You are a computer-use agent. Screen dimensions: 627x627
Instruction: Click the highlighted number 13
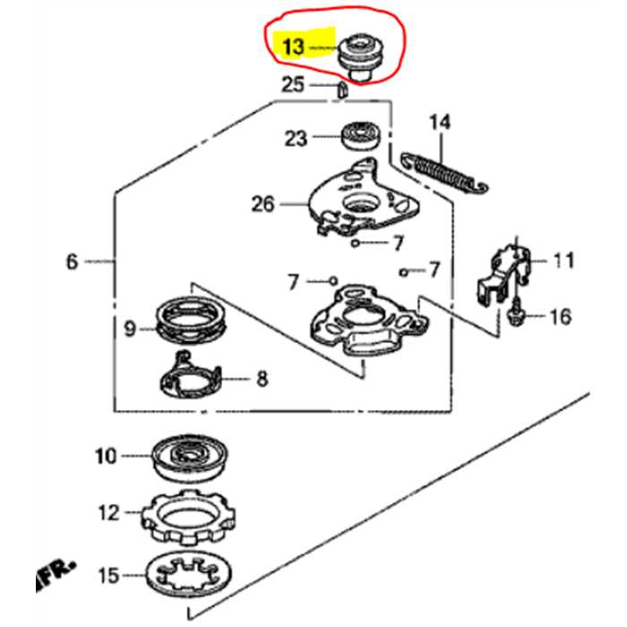(x=292, y=46)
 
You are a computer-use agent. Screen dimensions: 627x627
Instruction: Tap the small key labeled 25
(x=341, y=87)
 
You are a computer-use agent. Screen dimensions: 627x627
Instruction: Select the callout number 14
(x=438, y=122)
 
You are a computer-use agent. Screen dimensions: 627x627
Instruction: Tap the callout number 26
(x=263, y=203)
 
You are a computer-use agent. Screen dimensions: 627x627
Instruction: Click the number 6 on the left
(x=72, y=262)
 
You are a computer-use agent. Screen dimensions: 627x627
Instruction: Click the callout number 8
(x=262, y=379)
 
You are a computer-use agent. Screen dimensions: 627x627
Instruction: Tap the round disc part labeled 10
(x=190, y=458)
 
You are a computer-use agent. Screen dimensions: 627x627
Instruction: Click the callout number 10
(x=106, y=457)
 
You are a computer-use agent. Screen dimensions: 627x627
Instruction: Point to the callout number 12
(x=107, y=513)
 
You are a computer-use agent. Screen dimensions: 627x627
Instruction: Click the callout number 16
(x=560, y=315)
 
